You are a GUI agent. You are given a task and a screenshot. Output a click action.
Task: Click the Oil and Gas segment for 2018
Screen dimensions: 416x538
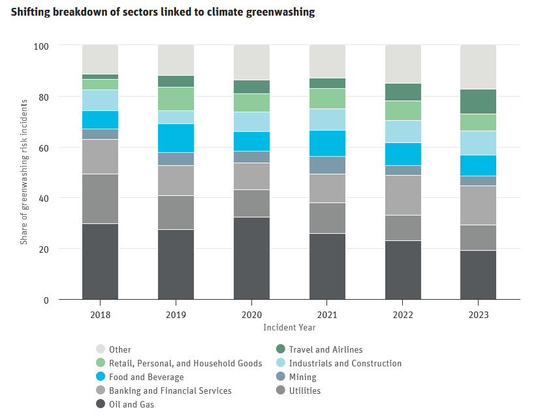[100, 261]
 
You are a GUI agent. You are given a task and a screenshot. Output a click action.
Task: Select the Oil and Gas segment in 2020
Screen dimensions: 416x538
[251, 258]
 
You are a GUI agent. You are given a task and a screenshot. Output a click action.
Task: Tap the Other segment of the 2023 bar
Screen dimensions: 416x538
[479, 67]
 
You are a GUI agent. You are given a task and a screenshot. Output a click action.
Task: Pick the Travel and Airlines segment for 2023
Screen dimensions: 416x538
[479, 101]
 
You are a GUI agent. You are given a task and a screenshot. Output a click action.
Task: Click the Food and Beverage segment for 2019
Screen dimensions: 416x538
[176, 138]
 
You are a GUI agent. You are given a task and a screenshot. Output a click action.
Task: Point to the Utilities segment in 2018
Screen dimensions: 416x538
[100, 199]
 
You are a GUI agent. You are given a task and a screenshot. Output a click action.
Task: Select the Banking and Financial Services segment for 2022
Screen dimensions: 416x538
[403, 195]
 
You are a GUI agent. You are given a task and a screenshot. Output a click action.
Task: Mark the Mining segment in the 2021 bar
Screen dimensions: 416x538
[327, 165]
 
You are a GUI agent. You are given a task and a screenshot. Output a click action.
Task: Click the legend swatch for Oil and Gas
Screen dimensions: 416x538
[101, 404]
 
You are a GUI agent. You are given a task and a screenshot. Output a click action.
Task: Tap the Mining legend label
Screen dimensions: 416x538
[304, 377]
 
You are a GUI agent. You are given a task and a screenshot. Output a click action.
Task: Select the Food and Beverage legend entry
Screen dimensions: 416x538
[146, 377]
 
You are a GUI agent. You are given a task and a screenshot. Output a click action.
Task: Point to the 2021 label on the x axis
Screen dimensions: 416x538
[327, 314]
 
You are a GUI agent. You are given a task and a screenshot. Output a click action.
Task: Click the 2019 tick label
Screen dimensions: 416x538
[176, 314]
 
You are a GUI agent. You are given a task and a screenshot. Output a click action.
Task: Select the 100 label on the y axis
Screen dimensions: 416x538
[42, 46]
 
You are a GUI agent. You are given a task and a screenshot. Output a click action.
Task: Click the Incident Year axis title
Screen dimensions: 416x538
[289, 327]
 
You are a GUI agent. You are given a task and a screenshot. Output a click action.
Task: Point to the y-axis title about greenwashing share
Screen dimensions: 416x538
[24, 172]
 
